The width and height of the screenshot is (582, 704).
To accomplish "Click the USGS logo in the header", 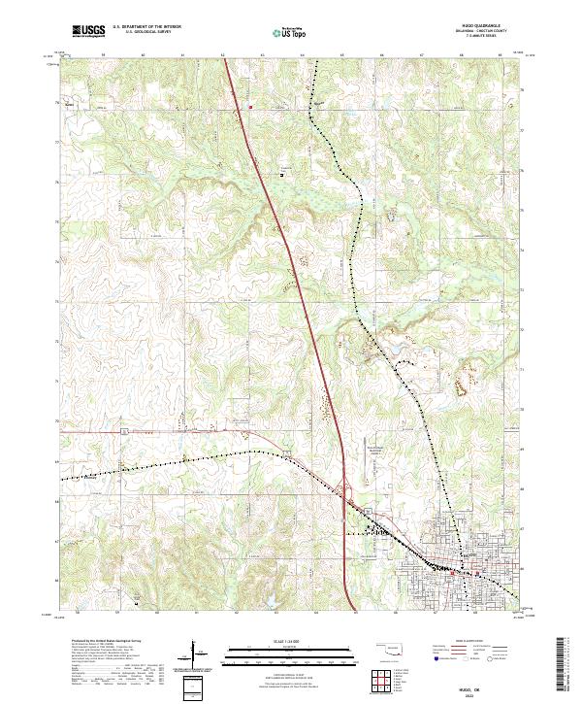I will coord(88,31).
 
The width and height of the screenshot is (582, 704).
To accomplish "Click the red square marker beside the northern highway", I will coord(250,107).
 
